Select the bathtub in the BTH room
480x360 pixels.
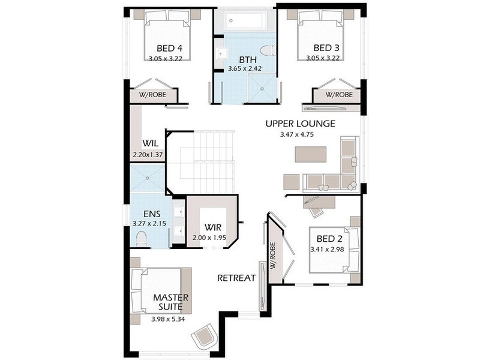(244, 21)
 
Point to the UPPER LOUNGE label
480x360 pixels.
(300, 124)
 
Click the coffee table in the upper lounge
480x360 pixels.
(310, 155)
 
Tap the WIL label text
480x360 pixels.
(150, 144)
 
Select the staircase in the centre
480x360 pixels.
(204, 162)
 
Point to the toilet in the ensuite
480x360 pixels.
(142, 239)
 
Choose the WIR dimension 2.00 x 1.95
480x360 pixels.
(209, 238)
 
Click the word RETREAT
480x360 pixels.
(236, 278)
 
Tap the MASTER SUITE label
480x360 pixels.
(171, 302)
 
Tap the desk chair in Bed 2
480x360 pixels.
(316, 211)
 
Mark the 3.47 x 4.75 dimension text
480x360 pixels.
(297, 134)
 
